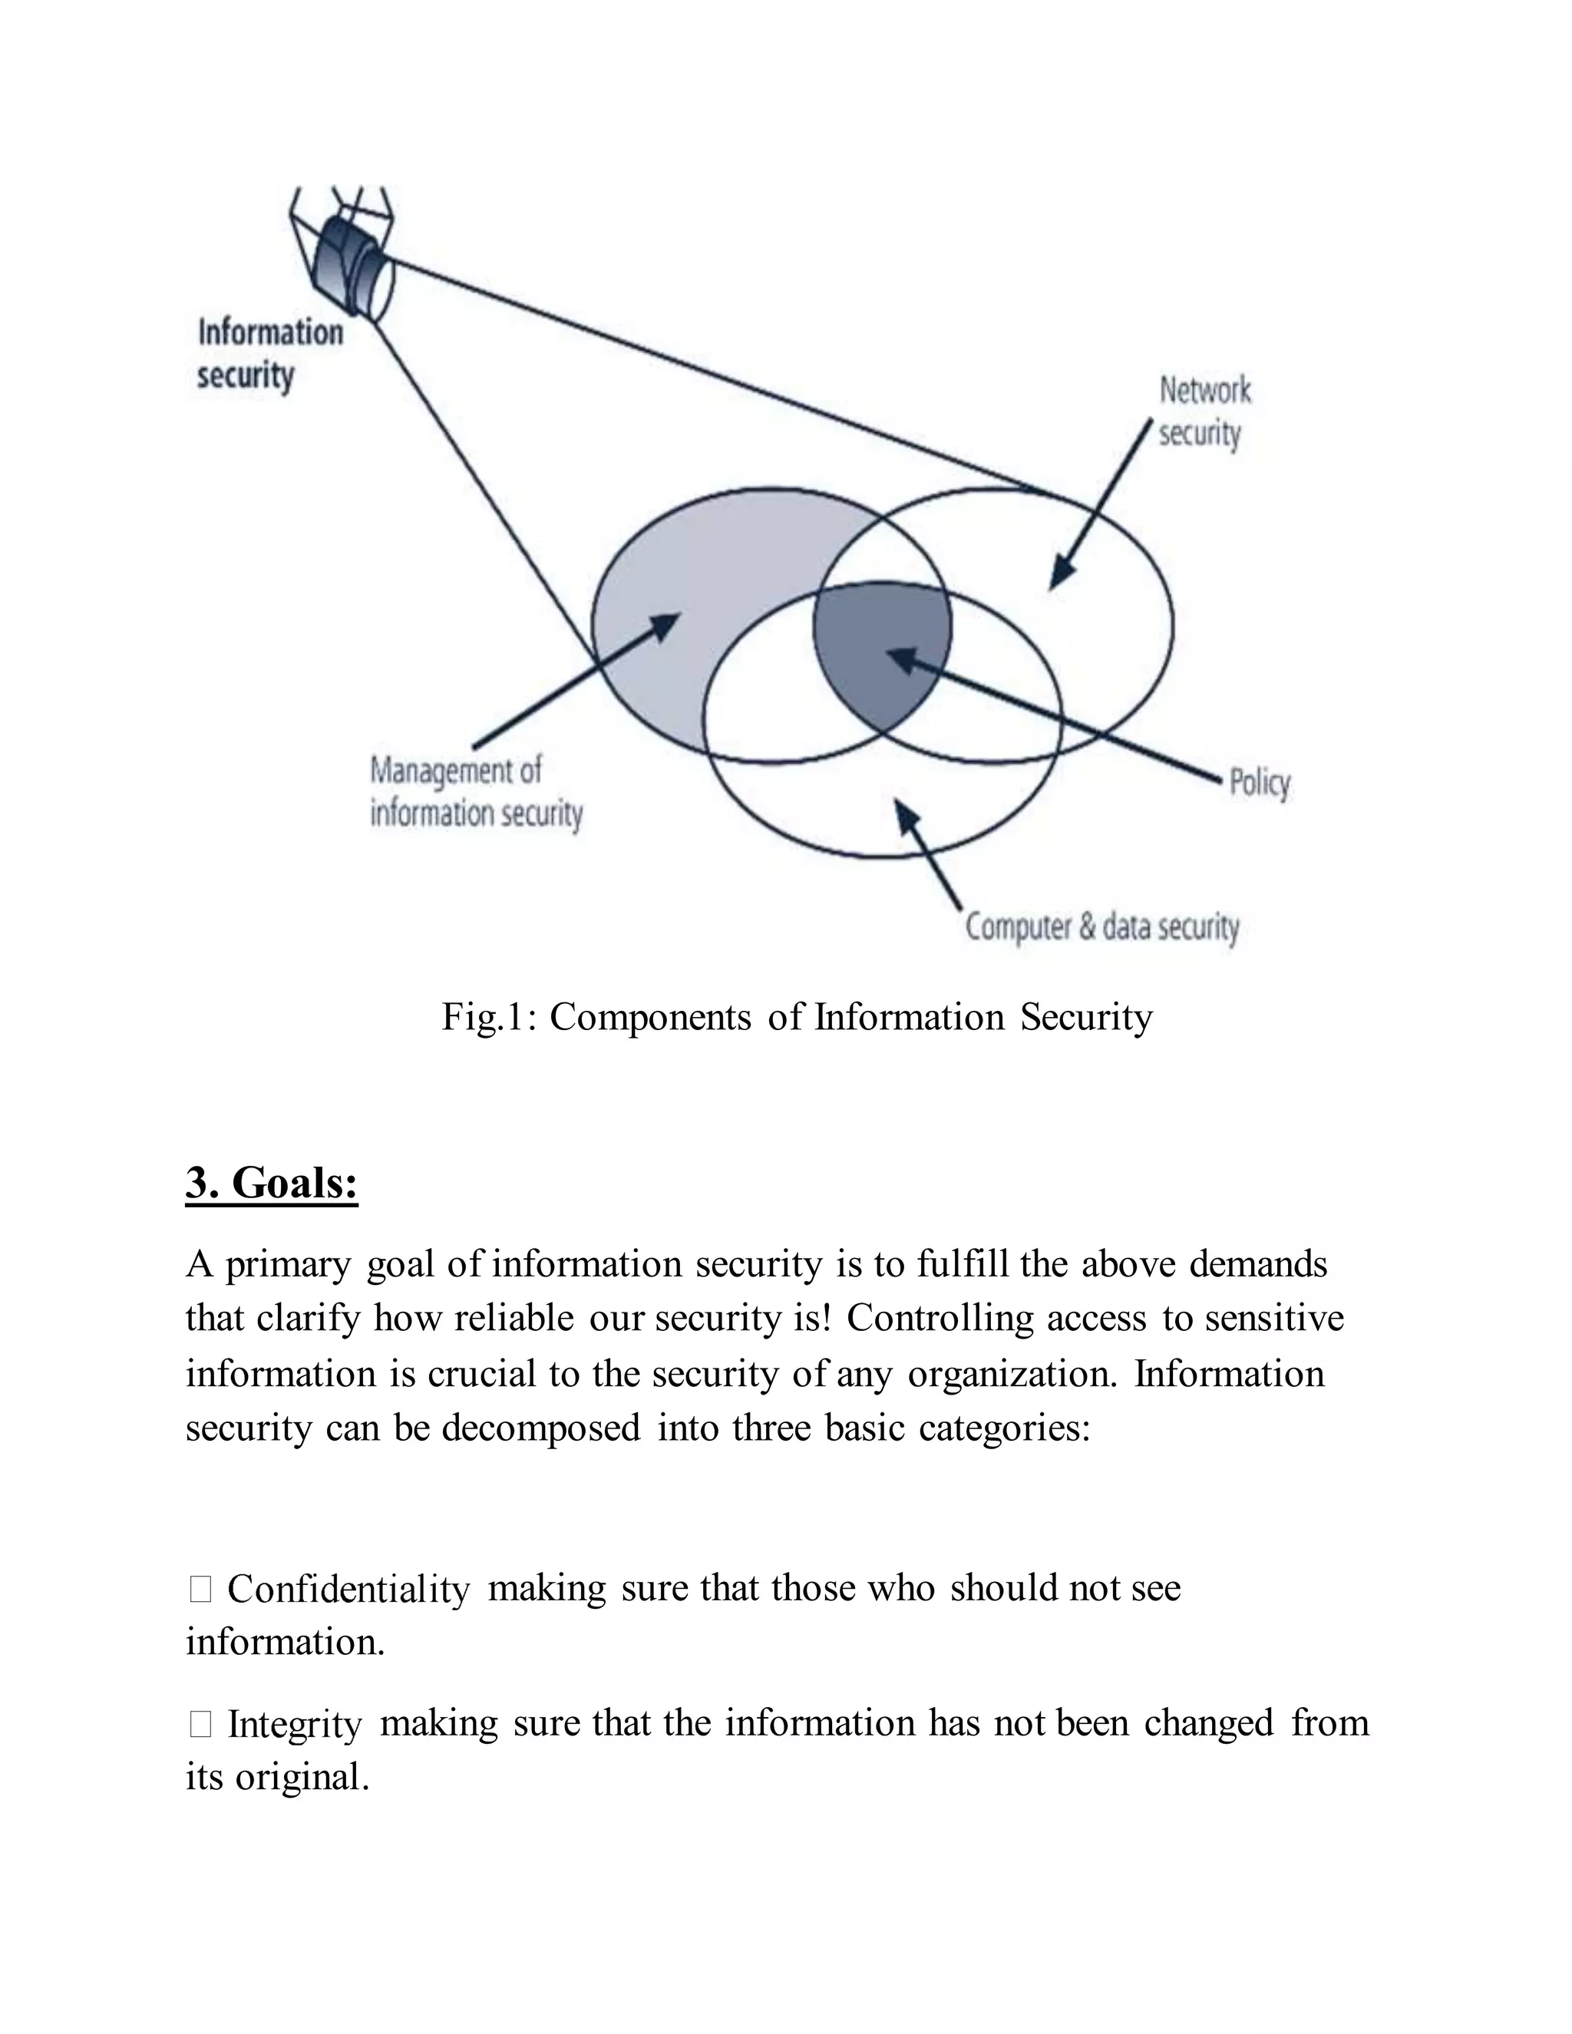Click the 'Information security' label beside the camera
pyautogui.click(x=269, y=354)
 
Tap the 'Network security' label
pyautogui.click(x=1204, y=411)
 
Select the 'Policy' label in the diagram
pyautogui.click(x=1259, y=782)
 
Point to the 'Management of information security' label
pyautogui.click(x=475, y=791)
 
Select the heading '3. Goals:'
pyautogui.click(x=271, y=1184)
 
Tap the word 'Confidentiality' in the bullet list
pyautogui.click(x=348, y=1588)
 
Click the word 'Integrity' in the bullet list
pyautogui.click(x=294, y=1723)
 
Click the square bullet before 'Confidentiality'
pyautogui.click(x=200, y=1589)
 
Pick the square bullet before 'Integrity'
pyautogui.click(x=200, y=1724)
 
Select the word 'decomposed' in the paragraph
pyautogui.click(x=540, y=1428)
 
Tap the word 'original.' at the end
pyautogui.click(x=302, y=1777)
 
